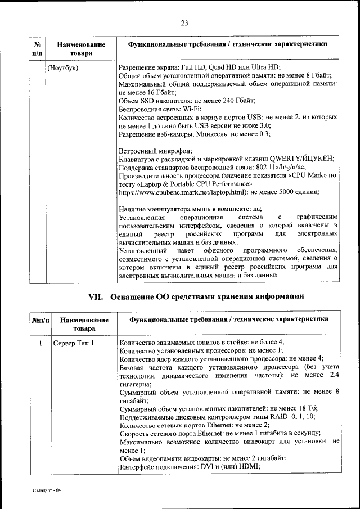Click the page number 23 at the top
pyautogui.click(x=183, y=23)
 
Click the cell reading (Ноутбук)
pyautogui.click(x=63, y=67)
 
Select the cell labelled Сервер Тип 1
pyautogui.click(x=74, y=343)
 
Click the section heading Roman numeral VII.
pyautogui.click(x=97, y=296)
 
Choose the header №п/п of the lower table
pyautogui.click(x=41, y=319)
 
